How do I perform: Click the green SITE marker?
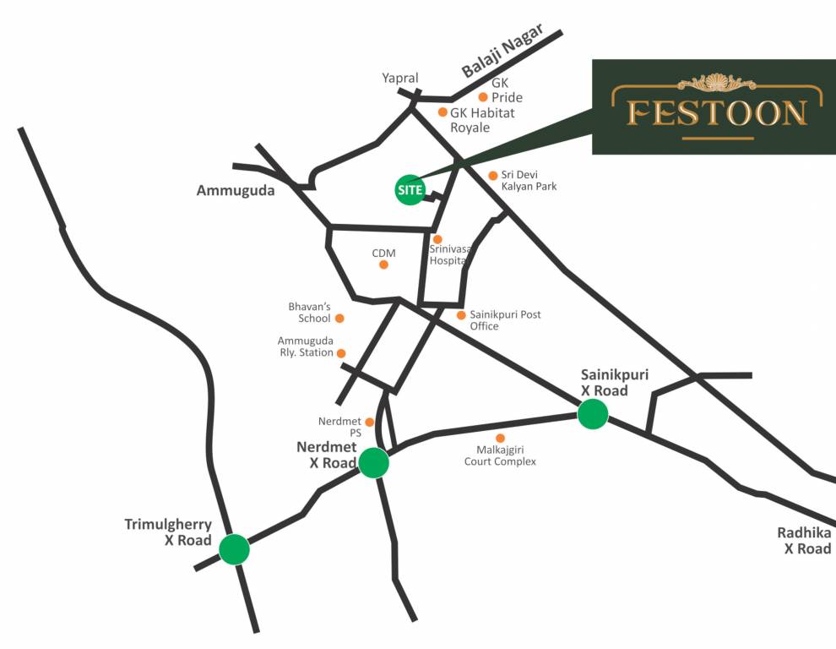click(410, 189)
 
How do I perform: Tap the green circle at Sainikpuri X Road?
click(593, 414)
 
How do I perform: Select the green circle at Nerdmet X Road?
click(373, 463)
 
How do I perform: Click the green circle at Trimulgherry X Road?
click(234, 549)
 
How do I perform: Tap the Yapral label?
click(400, 78)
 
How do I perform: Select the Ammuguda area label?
click(236, 191)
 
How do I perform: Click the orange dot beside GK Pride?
click(483, 97)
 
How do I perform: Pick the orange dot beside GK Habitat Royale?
click(442, 112)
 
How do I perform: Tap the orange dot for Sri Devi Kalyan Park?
click(493, 176)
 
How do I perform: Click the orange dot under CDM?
click(383, 265)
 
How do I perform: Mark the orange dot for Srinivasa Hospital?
click(437, 239)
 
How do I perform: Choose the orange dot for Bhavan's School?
click(339, 319)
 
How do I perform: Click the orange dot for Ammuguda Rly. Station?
click(341, 353)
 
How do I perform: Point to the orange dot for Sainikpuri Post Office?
click(461, 315)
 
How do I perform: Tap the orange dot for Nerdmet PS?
click(369, 422)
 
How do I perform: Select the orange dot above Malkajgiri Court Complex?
click(500, 438)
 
